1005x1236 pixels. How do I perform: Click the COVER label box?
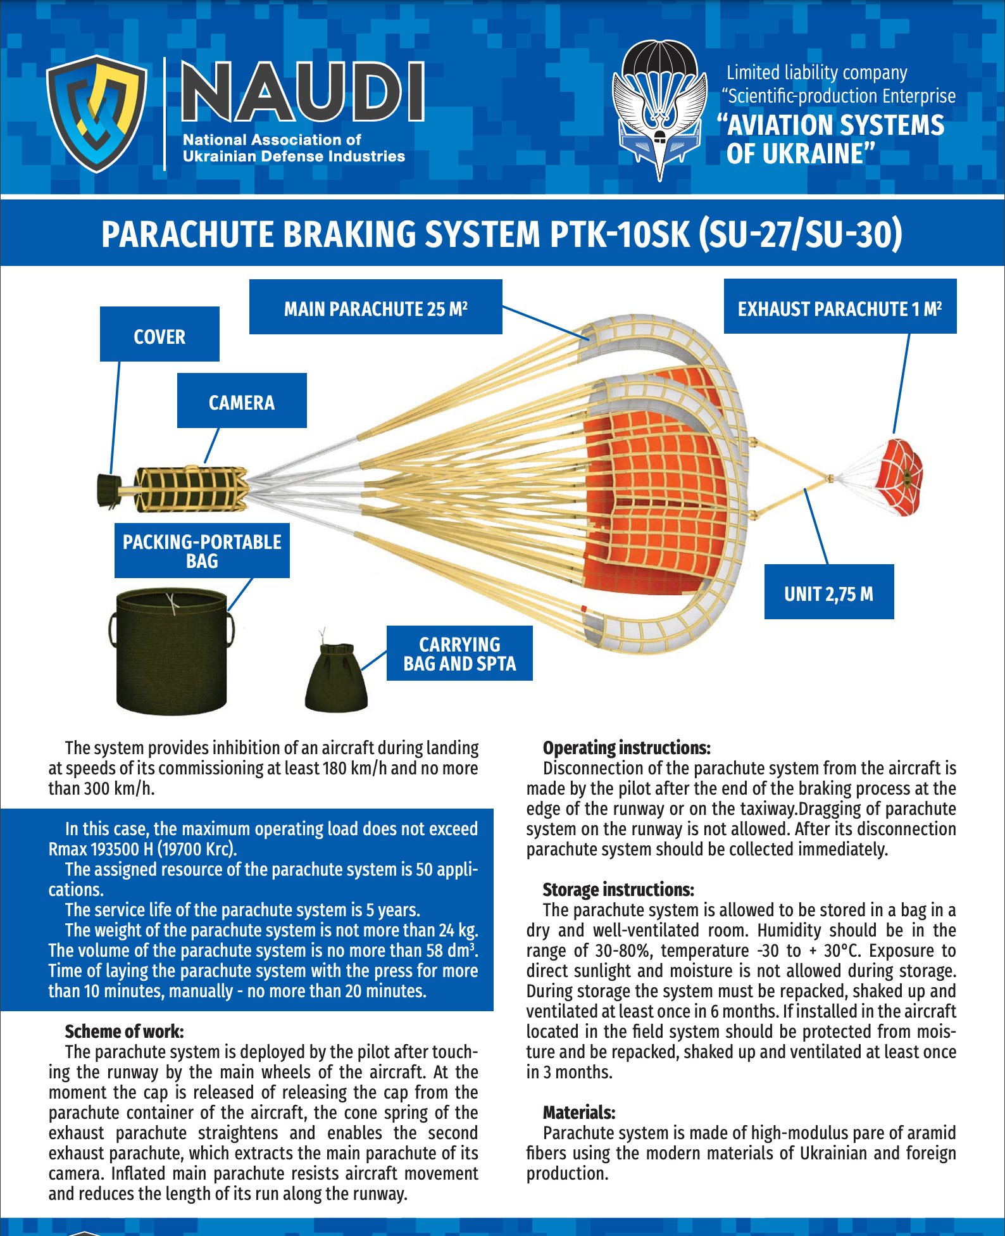tap(159, 334)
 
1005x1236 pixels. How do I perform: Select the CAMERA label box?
tap(242, 401)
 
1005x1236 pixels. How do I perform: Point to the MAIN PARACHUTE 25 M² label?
tap(375, 307)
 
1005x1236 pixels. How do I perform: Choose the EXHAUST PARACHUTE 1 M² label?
tap(840, 307)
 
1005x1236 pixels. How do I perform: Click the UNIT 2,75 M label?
tap(828, 592)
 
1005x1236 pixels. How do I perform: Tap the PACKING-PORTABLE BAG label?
tap(202, 551)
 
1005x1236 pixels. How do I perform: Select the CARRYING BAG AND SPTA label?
tap(459, 653)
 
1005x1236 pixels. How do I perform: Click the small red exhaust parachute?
tap(899, 476)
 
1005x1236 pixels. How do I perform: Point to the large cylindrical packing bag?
tap(172, 652)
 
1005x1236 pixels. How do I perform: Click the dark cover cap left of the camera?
tap(109, 490)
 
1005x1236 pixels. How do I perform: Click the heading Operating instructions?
tap(627, 748)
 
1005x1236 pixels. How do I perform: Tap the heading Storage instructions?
tap(618, 890)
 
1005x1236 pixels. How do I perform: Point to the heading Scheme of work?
tap(124, 1031)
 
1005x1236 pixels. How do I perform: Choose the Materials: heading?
tap(579, 1113)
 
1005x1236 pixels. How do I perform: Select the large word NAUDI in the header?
tap(303, 91)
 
